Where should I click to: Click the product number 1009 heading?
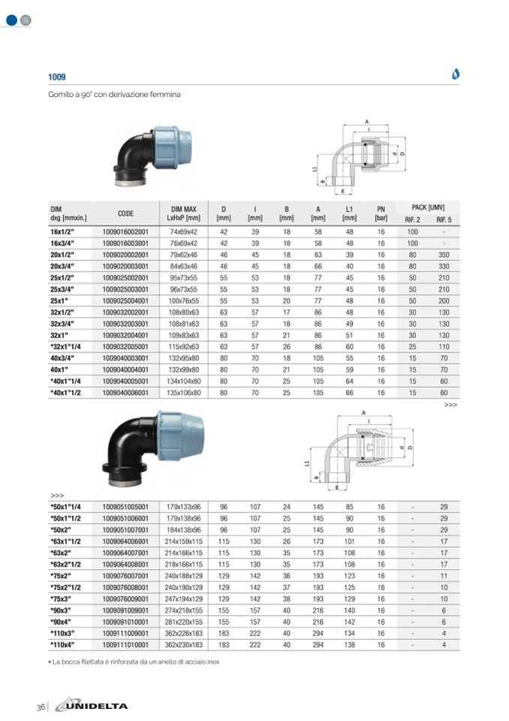pyautogui.click(x=57, y=77)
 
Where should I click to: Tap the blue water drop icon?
pyautogui.click(x=455, y=74)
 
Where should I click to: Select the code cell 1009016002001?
pyautogui.click(x=125, y=232)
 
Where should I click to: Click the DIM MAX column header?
pyautogui.click(x=183, y=214)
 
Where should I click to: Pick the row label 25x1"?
pyautogui.click(x=59, y=301)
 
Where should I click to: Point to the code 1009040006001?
pyautogui.click(x=125, y=392)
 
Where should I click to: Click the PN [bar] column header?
pyautogui.click(x=381, y=214)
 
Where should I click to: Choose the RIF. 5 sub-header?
pyautogui.click(x=444, y=220)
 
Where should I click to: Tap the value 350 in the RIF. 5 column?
pyautogui.click(x=444, y=255)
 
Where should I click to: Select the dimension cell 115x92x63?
pyautogui.click(x=183, y=347)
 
